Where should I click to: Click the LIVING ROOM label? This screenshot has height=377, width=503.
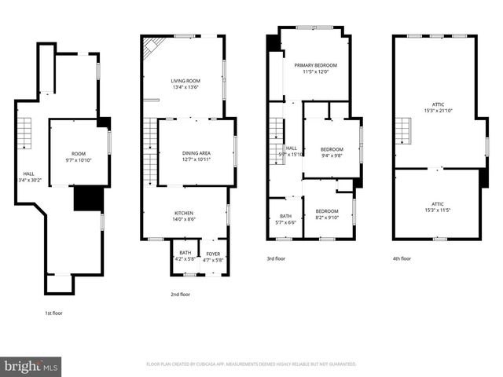186,80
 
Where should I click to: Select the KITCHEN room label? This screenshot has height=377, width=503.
185,212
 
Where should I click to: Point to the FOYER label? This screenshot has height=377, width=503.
212,254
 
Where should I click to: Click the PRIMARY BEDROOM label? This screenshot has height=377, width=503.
316,66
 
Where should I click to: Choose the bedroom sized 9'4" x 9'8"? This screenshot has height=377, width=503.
332,149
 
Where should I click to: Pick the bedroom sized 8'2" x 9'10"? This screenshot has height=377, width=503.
327,211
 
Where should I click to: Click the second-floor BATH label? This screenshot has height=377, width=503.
185,254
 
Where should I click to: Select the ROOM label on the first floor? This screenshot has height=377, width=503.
78,154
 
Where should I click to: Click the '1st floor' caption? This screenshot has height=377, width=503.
53,313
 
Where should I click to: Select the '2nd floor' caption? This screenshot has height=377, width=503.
181,294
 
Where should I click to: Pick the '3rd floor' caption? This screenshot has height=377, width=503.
277,258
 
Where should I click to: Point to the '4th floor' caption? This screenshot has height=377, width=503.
402,258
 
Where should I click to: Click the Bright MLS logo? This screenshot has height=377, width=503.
31,366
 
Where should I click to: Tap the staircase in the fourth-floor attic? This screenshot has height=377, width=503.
403,132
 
